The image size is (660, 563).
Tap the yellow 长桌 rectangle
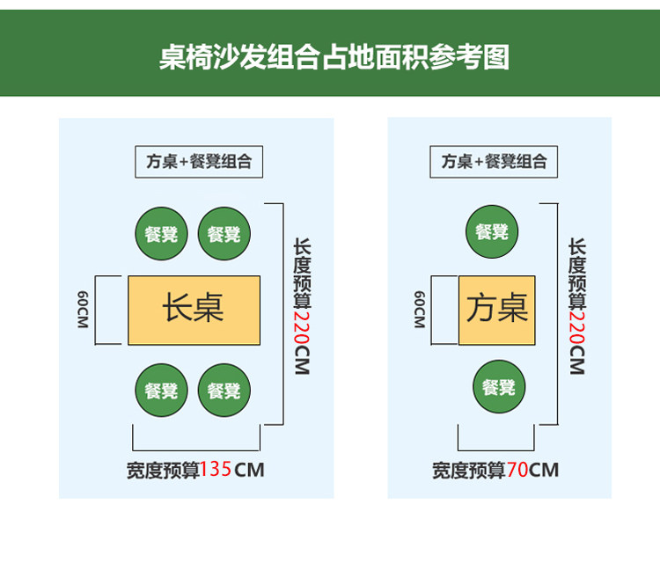tap(194, 310)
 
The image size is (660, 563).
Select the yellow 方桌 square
tap(497, 310)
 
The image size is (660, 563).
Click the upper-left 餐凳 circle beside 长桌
tap(161, 234)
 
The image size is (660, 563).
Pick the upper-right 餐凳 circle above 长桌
tap(224, 234)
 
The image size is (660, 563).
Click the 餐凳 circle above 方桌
tap(492, 231)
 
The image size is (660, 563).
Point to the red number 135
tap(216, 470)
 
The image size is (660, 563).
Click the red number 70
tap(517, 470)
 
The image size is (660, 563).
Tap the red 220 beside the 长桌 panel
tap(302, 325)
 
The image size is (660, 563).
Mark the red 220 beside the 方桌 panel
tap(576, 325)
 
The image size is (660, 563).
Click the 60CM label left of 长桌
tap(83, 310)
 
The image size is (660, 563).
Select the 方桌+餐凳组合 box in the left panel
tap(199, 162)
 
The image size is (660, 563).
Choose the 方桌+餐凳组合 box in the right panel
tap(494, 162)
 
